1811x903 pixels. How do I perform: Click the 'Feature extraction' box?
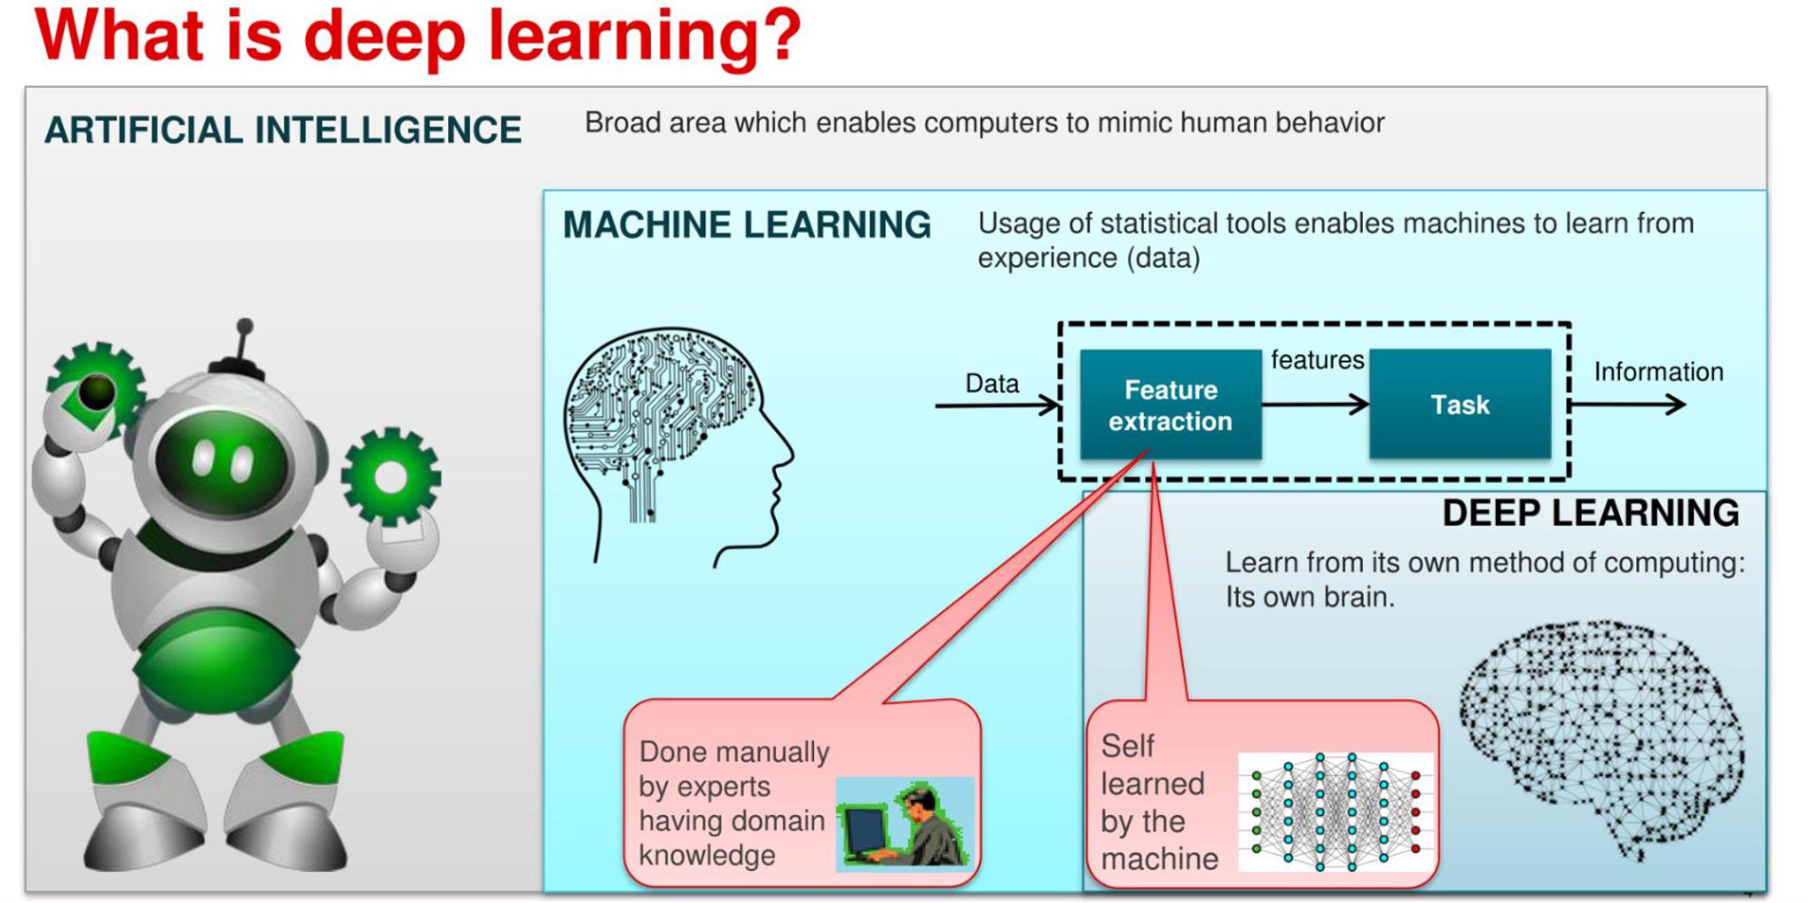point(1170,404)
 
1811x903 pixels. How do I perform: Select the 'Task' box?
point(1460,404)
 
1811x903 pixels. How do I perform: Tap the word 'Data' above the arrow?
point(992,383)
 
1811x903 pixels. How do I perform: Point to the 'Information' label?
point(1658,371)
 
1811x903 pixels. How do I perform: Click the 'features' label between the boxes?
point(1318,360)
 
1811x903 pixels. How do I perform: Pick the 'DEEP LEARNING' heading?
point(1590,513)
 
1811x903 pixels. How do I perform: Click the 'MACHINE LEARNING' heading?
point(747,225)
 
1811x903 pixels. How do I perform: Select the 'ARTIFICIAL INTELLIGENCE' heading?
point(283,130)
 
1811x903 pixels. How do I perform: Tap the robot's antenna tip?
point(244,326)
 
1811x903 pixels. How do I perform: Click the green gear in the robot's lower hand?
point(391,476)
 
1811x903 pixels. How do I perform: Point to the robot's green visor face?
point(220,462)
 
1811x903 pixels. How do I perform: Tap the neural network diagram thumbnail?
point(1336,812)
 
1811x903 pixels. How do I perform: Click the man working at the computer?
point(905,825)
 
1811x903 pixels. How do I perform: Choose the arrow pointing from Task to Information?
point(1627,405)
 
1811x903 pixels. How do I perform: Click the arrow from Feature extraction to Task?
point(1315,405)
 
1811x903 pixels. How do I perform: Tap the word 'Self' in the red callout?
point(1127,746)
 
